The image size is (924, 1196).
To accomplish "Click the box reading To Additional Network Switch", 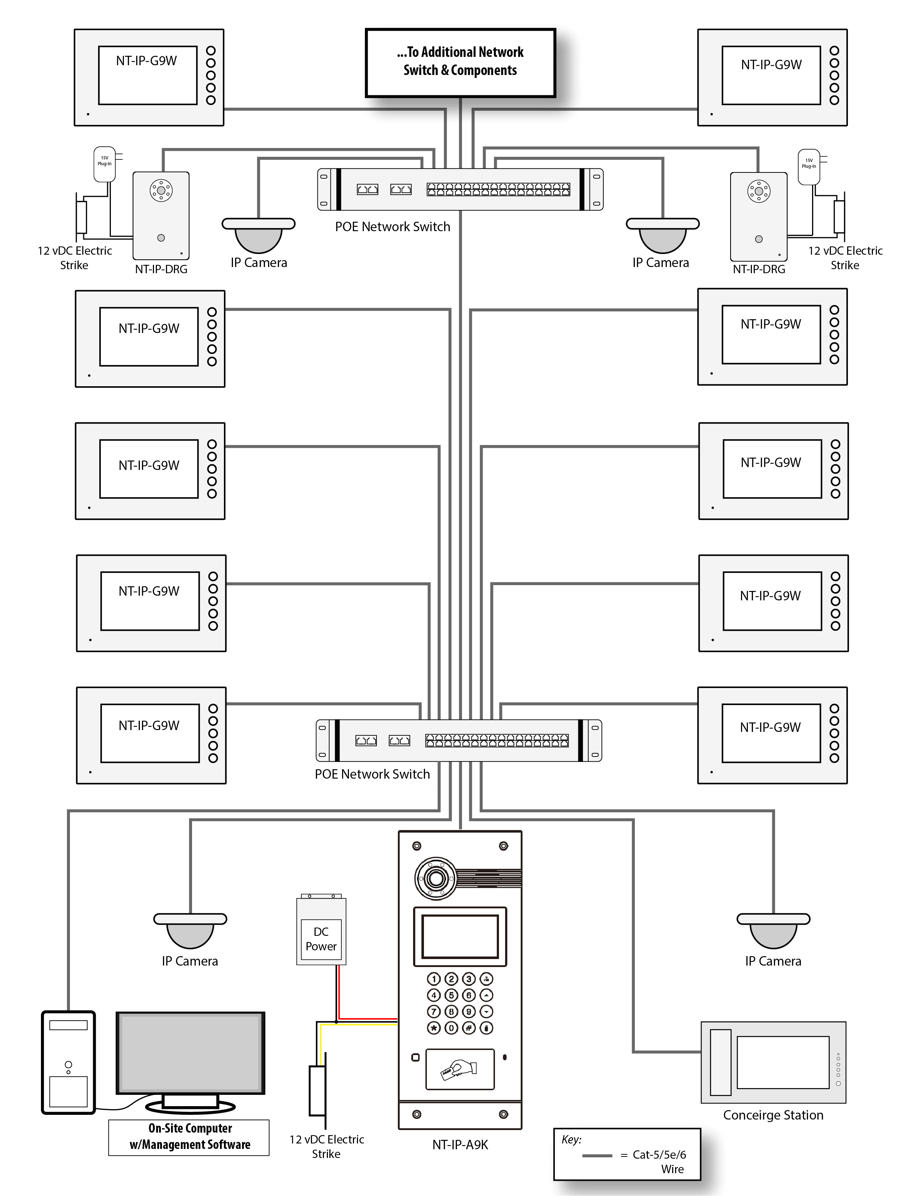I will tap(460, 62).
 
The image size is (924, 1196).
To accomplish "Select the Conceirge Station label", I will tap(773, 1115).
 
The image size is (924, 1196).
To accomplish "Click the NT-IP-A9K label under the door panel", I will tap(460, 1145).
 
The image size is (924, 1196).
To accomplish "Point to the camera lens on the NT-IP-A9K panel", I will tap(436, 878).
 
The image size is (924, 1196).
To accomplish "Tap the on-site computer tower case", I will tap(68, 1062).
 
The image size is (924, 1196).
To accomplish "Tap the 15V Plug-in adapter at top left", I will tap(104, 163).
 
